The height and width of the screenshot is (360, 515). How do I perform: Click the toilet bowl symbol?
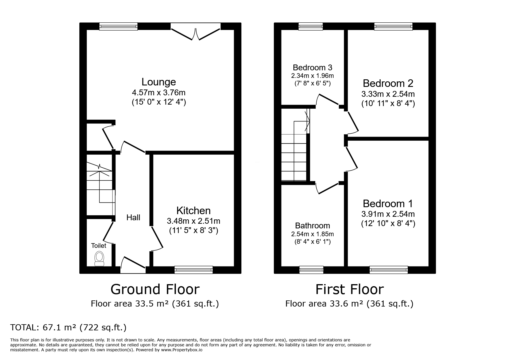tap(99, 258)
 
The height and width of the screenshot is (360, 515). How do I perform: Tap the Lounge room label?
tap(158, 82)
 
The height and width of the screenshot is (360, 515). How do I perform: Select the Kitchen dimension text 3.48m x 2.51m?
tap(193, 221)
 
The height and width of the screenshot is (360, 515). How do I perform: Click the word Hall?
tap(133, 217)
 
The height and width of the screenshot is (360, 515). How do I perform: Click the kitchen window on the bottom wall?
tap(193, 270)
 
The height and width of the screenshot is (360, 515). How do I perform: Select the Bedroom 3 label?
tap(312, 67)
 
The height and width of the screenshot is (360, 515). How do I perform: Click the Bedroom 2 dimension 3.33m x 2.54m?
tap(388, 94)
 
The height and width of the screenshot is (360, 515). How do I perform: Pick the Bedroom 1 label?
tap(388, 203)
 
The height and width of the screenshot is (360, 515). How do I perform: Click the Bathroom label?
tap(312, 225)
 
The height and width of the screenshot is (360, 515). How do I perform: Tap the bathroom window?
tap(311, 270)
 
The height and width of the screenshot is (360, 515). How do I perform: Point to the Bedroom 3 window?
tap(311, 26)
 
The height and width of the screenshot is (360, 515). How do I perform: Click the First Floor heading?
tap(349, 289)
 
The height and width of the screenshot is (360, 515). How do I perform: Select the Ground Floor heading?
tap(155, 289)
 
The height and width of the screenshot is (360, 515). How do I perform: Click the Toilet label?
tap(99, 246)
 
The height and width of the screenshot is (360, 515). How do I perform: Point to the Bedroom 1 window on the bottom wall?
tap(389, 270)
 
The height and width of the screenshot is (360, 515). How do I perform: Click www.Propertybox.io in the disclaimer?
tap(181, 350)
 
